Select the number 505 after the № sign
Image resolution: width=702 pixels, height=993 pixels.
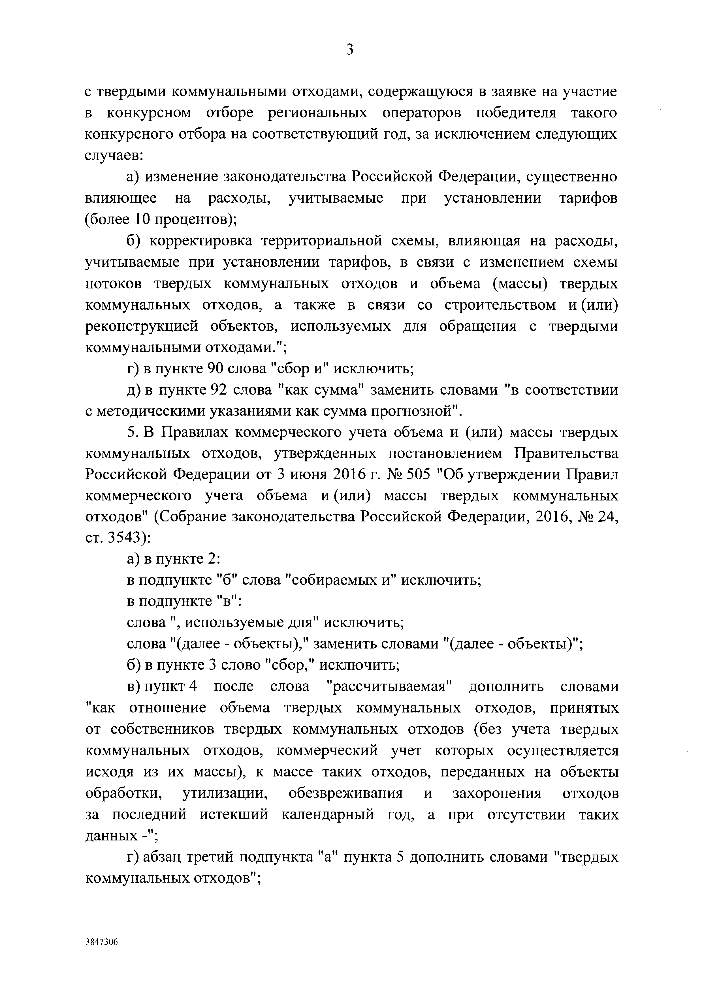419,475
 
